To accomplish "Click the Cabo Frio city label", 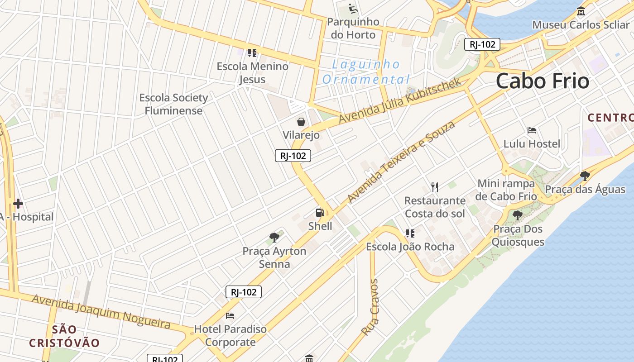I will [x=543, y=81].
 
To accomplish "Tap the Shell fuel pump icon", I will [x=320, y=212].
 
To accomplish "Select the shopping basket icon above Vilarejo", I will [x=301, y=121].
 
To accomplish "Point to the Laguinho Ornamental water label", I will [x=366, y=72].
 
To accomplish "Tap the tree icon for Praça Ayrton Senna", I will [x=274, y=237].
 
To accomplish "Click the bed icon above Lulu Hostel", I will [x=532, y=131].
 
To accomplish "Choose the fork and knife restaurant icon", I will [x=435, y=186].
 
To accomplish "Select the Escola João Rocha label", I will [x=410, y=247].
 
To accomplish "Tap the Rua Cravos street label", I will [x=370, y=308].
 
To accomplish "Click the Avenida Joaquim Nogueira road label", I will [x=101, y=311].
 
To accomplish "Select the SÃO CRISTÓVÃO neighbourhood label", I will [x=64, y=336].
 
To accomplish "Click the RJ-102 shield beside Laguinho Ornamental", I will [x=482, y=44].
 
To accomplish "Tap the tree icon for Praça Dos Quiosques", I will [x=517, y=215].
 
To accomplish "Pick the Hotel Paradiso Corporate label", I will [x=230, y=335].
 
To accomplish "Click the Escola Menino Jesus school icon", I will [x=252, y=53].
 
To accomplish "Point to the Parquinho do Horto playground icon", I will [x=353, y=9].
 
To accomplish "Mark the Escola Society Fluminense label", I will [x=173, y=104].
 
